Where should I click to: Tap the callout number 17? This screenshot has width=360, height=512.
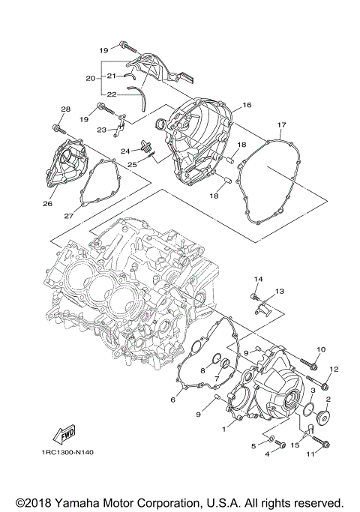point(282,124)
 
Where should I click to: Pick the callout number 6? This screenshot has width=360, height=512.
point(172,400)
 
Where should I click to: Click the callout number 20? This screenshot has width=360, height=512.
point(90,78)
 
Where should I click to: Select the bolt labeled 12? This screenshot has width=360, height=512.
point(324,386)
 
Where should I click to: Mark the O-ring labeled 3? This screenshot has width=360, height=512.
point(307,407)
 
